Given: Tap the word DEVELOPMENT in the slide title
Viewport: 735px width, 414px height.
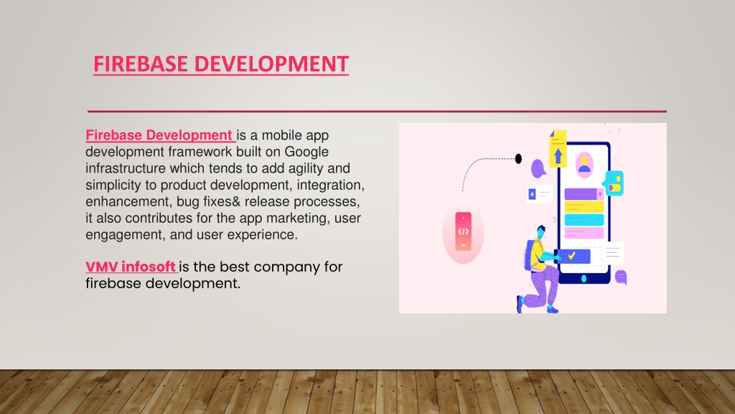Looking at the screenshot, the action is [271, 64].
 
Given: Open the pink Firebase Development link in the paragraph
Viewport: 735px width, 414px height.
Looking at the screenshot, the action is [159, 135].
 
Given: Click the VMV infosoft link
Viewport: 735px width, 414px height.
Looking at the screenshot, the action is [131, 267].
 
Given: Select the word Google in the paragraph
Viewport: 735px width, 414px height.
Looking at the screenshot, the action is [306, 152].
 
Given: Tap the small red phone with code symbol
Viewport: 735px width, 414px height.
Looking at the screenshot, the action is [463, 231].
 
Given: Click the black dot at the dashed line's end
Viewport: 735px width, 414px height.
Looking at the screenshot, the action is [518, 159].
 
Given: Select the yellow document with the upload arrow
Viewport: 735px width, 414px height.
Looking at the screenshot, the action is [558, 149].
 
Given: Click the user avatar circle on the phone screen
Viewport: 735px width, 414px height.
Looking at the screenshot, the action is [584, 165].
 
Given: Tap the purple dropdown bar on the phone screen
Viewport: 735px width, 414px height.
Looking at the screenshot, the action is [584, 194].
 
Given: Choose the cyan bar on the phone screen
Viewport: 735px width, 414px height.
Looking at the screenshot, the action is [584, 220].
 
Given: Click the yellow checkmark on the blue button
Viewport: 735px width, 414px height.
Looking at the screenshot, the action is [572, 256].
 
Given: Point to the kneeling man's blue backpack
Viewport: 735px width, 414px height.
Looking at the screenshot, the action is [530, 254].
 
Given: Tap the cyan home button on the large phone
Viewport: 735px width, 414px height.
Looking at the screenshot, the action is [584, 278].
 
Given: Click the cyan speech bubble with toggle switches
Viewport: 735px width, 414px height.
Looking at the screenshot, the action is [614, 183].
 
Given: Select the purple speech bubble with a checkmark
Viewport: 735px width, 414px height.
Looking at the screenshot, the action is [538, 168].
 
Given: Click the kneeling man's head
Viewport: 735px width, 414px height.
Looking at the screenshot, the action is [541, 231].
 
